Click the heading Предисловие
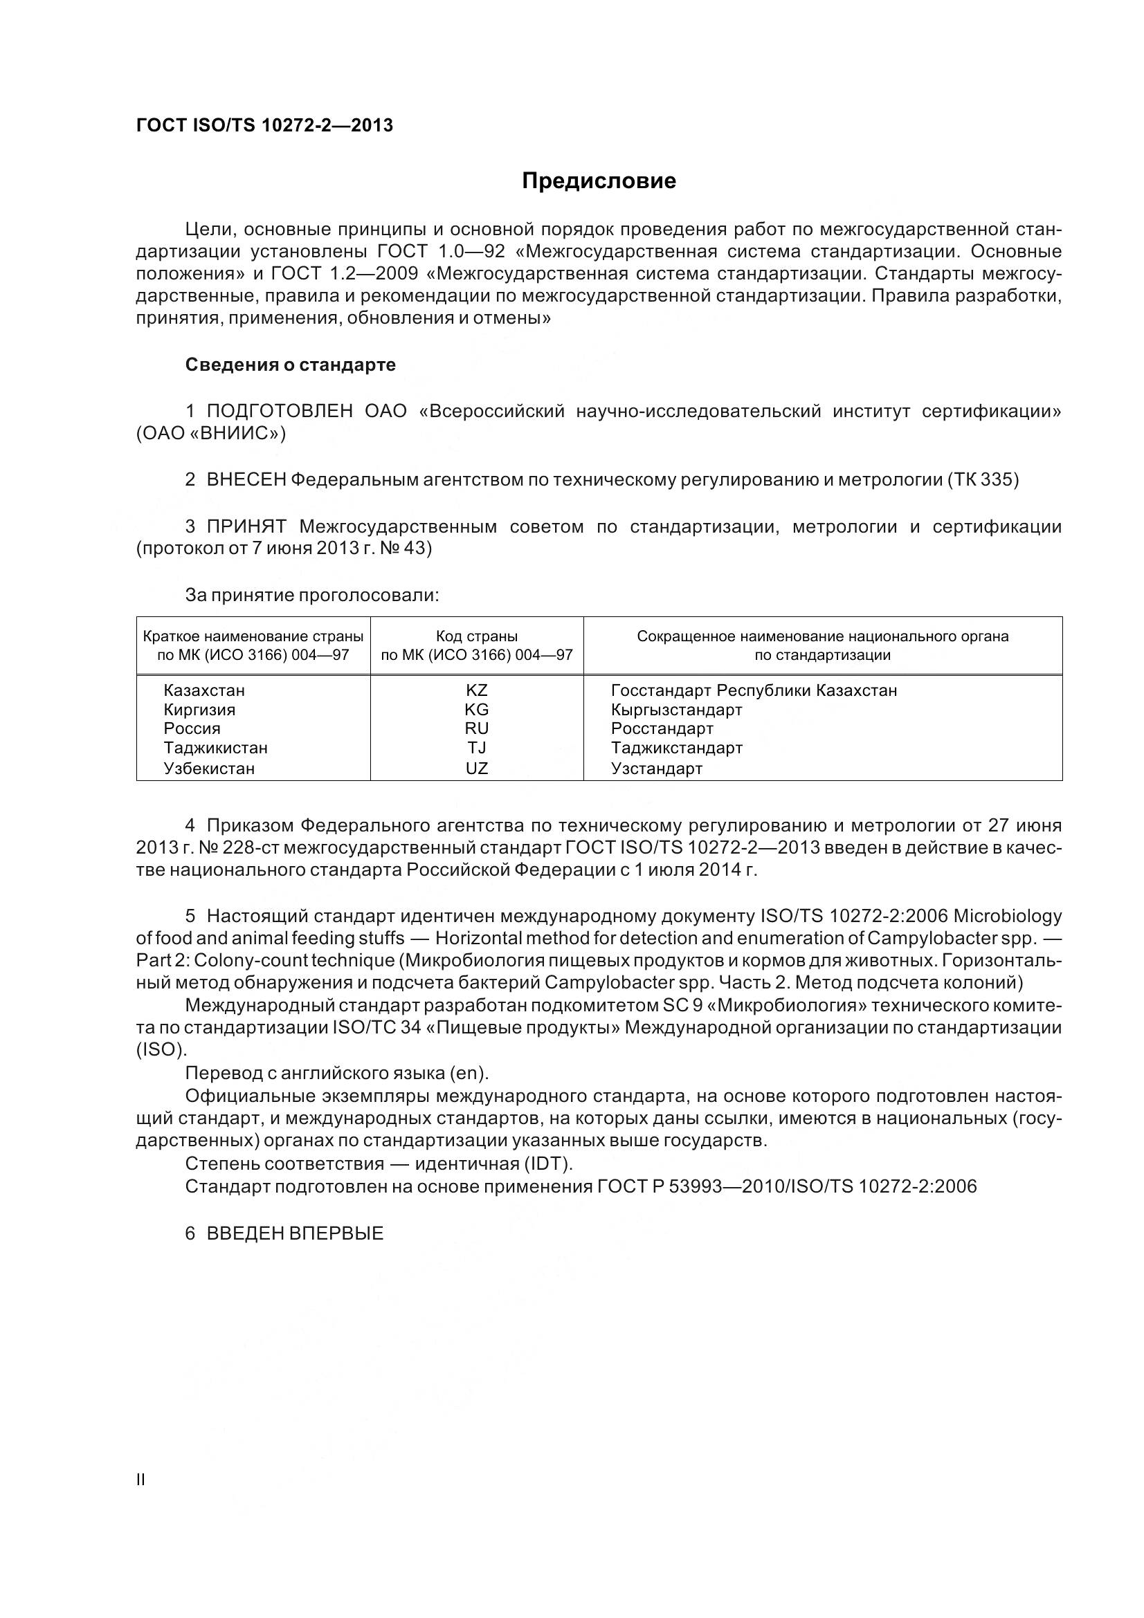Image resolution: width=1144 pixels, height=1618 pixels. point(599,181)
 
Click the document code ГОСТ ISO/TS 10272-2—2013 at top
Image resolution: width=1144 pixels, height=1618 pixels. point(264,125)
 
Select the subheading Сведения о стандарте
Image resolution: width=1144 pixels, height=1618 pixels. point(290,365)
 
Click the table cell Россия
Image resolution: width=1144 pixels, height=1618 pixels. point(192,728)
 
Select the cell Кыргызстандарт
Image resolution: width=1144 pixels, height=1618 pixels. point(676,710)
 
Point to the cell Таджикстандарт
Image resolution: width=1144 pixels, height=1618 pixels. point(676,748)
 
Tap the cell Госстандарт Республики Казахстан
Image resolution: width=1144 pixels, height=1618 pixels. point(754,690)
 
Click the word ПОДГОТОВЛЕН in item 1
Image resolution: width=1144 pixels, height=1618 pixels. point(280,412)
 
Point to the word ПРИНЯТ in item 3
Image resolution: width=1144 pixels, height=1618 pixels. point(246,527)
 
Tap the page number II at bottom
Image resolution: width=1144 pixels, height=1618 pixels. point(140,1480)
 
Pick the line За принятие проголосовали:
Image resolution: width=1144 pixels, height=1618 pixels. point(311,596)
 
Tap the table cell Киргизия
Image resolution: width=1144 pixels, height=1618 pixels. point(199,710)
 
